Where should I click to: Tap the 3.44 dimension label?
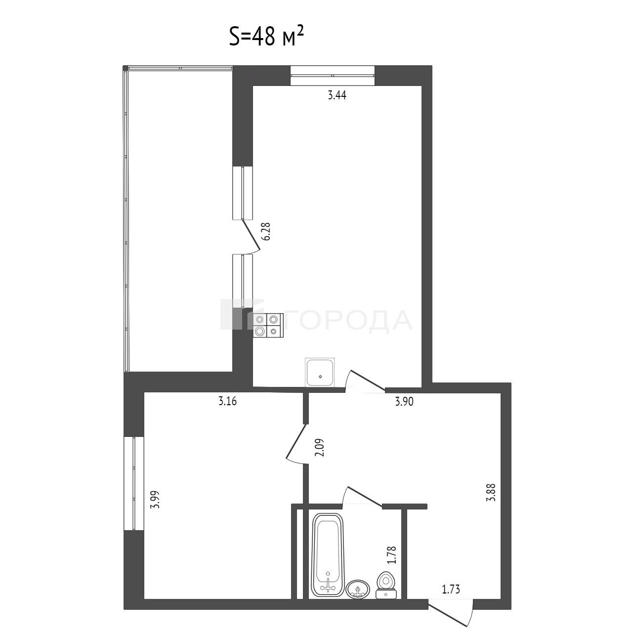tap(337, 96)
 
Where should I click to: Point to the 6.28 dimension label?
tap(267, 231)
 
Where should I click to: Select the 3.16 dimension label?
tap(228, 402)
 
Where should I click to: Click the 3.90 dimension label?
tap(404, 402)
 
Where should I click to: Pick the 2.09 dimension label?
tap(319, 447)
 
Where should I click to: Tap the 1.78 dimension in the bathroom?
tap(392, 555)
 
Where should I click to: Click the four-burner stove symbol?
tap(268, 325)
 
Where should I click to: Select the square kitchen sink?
tap(320, 372)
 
